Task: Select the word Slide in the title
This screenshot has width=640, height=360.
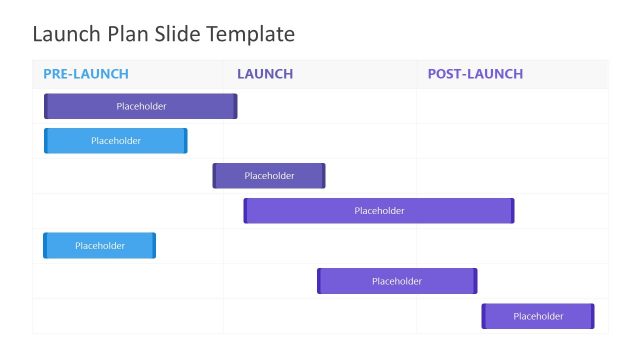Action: click(x=177, y=34)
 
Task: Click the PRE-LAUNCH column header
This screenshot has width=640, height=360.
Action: click(x=86, y=74)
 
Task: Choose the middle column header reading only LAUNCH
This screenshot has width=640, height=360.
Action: click(x=265, y=74)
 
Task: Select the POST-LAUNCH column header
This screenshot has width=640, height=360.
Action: click(x=475, y=74)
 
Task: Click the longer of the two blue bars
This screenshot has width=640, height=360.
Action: click(x=116, y=141)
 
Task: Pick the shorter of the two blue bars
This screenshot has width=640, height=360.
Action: click(x=99, y=246)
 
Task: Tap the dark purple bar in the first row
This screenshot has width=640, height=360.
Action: click(x=141, y=106)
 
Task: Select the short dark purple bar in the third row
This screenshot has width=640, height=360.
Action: click(x=269, y=176)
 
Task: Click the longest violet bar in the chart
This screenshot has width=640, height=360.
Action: click(x=379, y=211)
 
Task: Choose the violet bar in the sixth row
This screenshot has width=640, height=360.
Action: click(x=397, y=281)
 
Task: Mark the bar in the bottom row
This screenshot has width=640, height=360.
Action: click(x=538, y=316)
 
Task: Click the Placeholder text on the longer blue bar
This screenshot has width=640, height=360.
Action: click(x=116, y=141)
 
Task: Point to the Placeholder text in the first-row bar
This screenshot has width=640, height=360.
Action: click(x=141, y=106)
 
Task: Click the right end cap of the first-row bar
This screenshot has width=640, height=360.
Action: click(x=235, y=106)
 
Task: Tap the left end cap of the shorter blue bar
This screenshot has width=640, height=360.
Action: click(x=45, y=246)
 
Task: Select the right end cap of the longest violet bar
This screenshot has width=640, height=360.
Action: click(x=512, y=211)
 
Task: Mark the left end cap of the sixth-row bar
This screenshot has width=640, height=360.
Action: click(x=319, y=281)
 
